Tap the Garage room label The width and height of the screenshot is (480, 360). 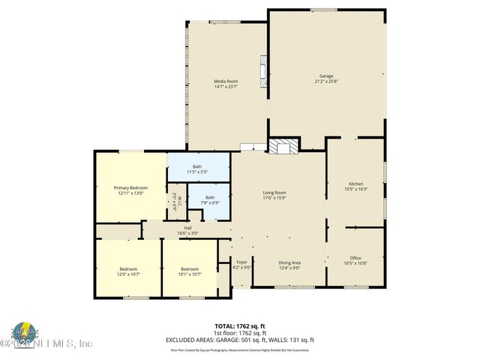coord(326,78)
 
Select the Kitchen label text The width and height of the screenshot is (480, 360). coord(355,186)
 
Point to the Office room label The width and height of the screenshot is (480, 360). coord(355,260)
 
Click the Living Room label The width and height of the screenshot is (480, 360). coord(274,195)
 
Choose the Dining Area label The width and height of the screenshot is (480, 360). coord(289,264)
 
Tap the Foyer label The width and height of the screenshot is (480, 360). coord(241,264)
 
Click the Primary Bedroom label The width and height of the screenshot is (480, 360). coord(130,190)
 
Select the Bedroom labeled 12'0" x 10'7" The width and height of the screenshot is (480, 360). coord(128,271)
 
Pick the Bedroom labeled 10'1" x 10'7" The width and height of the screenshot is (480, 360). coord(189,271)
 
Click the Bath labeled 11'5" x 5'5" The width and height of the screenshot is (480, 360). coord(197,169)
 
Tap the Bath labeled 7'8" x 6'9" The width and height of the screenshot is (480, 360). coord(210,200)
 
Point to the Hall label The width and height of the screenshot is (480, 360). coord(188,230)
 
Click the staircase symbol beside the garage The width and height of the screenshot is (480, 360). coord(283,145)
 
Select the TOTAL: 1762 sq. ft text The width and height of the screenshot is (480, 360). coord(240,326)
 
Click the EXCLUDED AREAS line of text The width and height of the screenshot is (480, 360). coord(240,340)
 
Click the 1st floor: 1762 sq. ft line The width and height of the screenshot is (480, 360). coord(240,333)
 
